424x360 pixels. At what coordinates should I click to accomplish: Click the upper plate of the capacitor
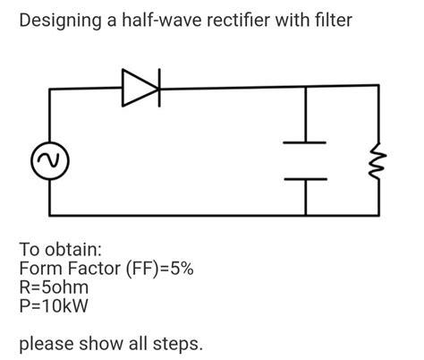[x=305, y=141]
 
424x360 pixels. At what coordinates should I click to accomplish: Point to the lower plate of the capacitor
[x=305, y=178]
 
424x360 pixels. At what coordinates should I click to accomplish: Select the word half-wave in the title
[x=162, y=20]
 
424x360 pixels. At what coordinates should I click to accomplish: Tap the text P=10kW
[x=55, y=308]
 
